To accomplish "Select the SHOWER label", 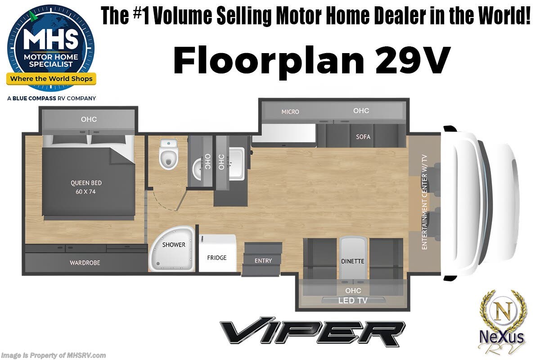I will (174, 245).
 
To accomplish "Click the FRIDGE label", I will (217, 258).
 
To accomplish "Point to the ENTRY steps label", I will (263, 261).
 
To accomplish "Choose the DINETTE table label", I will (352, 261).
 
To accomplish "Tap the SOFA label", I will (363, 136).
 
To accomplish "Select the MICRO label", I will (290, 112).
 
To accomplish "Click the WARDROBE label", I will (85, 262).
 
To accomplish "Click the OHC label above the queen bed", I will (89, 119).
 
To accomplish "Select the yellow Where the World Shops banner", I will (51, 79).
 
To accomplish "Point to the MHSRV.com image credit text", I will (54, 355).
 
